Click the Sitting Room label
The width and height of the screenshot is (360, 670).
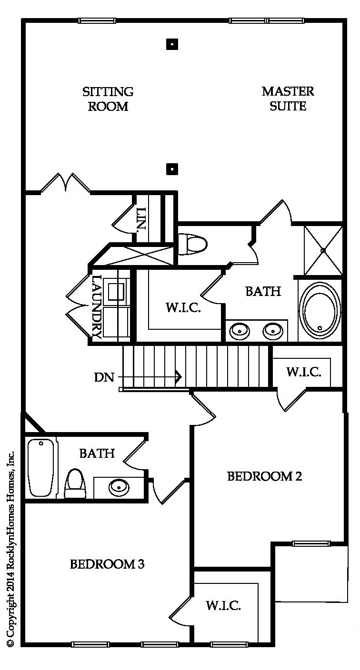108,99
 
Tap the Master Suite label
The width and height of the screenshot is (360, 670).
288,99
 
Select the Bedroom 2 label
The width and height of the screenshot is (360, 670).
265,476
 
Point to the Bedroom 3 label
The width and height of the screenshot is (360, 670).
107,564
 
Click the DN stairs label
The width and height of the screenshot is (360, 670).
104,377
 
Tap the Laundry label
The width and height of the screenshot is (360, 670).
96,306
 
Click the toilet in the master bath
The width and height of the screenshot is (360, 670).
192,245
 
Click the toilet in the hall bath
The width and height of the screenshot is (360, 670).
75,483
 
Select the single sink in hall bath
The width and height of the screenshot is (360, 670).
119,487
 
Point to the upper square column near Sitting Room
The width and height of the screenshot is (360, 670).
172,45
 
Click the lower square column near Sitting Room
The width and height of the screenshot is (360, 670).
172,169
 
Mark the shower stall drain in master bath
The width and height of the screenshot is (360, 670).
323,251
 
